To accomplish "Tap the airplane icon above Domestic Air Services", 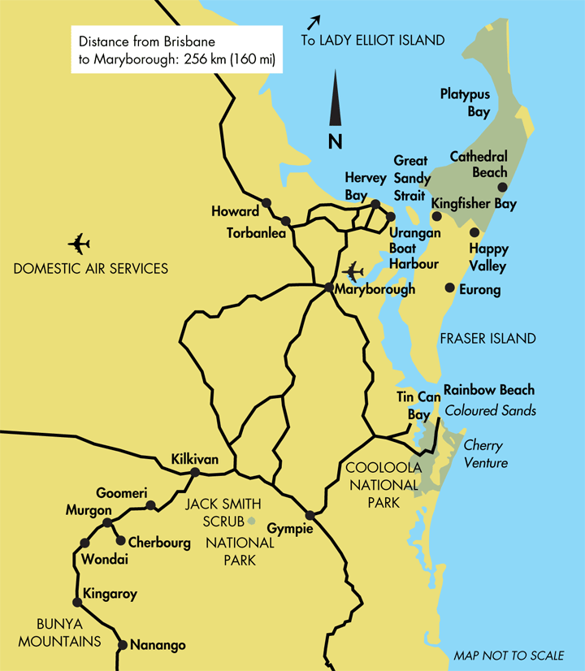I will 79,243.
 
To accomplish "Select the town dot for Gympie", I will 310,515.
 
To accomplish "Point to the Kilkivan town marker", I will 195,472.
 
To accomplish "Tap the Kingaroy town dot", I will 77,603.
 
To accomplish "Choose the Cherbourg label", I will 159,542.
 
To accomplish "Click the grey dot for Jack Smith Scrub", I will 251,521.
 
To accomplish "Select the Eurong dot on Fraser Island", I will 449,288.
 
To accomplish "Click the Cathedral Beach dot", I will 502,187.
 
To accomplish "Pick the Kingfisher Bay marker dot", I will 436,217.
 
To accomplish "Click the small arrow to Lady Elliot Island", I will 314,22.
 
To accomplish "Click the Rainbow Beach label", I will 488,390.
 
